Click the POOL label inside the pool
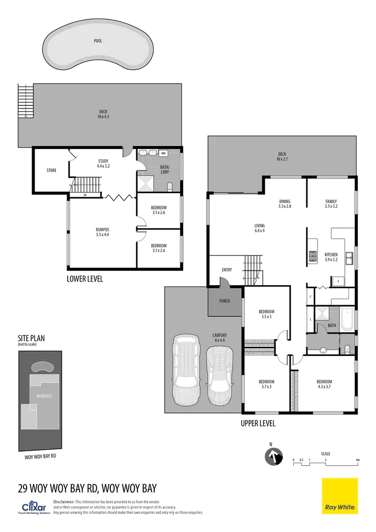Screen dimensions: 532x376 [98, 41]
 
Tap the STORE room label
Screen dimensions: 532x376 [51, 171]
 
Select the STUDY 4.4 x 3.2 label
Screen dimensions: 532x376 [103, 164]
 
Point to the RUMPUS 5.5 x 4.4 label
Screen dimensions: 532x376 [102, 232]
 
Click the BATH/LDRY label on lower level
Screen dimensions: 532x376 [165, 169]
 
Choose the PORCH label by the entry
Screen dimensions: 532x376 [225, 302]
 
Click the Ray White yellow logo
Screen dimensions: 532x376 [340, 496]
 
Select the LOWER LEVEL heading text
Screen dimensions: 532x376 [85, 279]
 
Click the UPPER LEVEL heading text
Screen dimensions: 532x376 [258, 424]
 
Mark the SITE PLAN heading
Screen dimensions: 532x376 [32, 338]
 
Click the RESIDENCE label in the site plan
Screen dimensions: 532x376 [44, 395]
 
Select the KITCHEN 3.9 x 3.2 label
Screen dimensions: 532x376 [331, 257]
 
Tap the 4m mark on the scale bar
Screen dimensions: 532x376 [357, 460]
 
